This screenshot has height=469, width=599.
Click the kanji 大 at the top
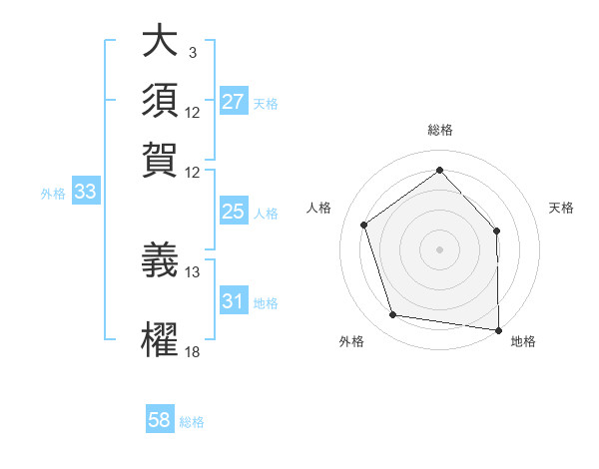tap(159, 42)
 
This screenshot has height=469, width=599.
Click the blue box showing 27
tap(233, 102)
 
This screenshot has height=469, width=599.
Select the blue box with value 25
tap(233, 212)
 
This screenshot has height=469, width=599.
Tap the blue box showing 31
tap(233, 301)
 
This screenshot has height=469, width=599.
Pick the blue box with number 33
tap(84, 193)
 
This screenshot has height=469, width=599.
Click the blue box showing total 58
tap(160, 420)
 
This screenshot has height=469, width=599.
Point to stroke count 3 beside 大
tap(192, 52)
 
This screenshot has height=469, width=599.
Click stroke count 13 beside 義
tap(193, 271)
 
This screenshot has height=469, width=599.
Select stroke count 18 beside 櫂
tap(193, 351)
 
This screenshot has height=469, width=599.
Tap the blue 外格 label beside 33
tap(53, 194)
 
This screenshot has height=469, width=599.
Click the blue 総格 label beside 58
tap(192, 421)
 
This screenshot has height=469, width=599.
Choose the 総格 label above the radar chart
tap(439, 130)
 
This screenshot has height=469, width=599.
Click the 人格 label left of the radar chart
tap(319, 208)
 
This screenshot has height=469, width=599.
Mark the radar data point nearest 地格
tap(498, 328)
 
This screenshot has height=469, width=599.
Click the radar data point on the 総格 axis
tap(439, 170)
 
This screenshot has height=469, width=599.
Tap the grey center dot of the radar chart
tap(439, 248)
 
